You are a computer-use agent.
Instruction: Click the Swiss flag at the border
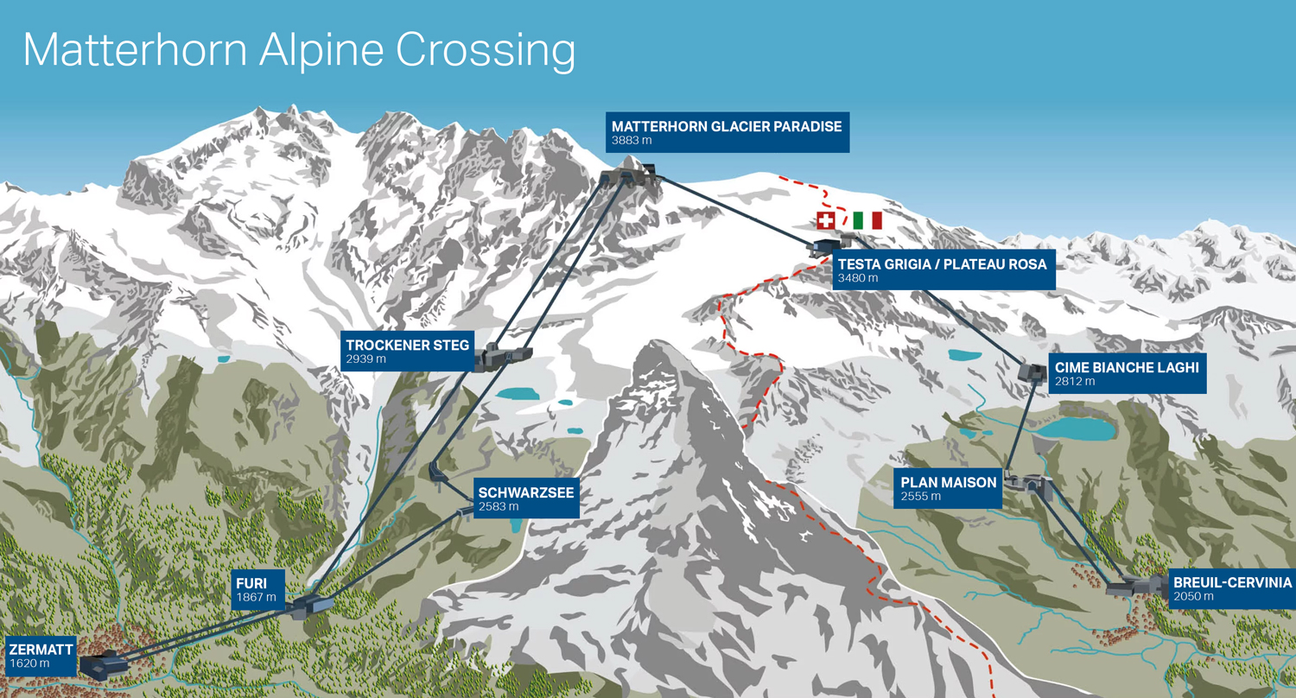coord(826,220)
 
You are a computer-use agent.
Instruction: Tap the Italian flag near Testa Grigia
coord(867,220)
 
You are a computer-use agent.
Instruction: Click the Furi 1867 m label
coord(257,589)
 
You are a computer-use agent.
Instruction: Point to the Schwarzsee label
coord(524,498)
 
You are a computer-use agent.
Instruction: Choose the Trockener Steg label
coord(407,351)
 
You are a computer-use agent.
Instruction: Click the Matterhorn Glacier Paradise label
coord(726,132)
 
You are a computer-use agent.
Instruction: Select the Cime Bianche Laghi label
coord(1126,373)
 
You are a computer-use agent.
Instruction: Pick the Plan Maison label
coord(948,488)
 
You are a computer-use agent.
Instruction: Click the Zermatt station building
coord(102,664)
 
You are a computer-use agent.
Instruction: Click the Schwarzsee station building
coord(438,473)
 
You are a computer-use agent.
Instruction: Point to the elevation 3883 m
coord(632,140)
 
